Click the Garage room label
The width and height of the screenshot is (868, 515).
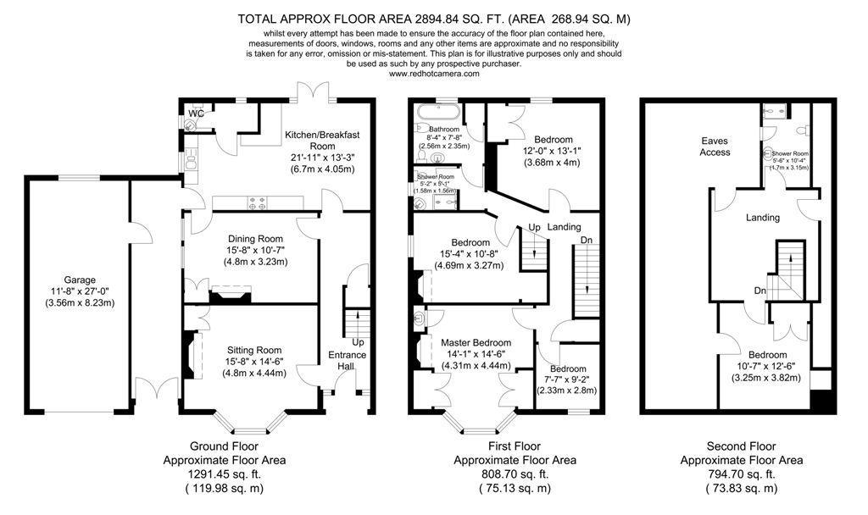tap(81, 280)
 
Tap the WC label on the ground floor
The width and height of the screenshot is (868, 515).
tap(196, 113)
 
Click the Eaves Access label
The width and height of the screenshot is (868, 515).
tap(715, 147)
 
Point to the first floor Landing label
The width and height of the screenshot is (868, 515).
tap(564, 227)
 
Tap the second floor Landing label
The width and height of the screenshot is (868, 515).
tap(762, 218)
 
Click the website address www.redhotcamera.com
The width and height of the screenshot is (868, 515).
tap(434, 74)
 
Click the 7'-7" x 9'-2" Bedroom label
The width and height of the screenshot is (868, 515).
tap(567, 369)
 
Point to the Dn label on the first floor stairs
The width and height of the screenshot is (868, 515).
tap(587, 240)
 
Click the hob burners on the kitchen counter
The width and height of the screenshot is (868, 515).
tap(256, 202)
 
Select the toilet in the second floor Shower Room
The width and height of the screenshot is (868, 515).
tap(802, 130)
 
